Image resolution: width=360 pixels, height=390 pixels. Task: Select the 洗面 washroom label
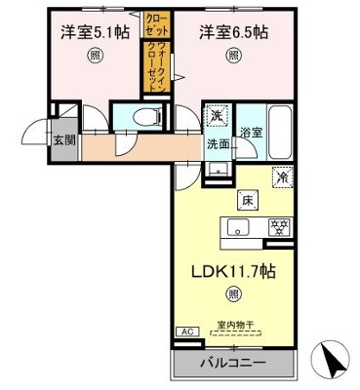(218, 144)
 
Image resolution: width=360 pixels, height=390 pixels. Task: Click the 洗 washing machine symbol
(216, 116)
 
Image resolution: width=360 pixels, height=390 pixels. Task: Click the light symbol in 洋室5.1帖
(94, 56)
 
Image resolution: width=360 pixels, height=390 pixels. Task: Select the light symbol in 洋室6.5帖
(234, 56)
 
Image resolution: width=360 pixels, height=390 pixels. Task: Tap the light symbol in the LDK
(234, 292)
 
